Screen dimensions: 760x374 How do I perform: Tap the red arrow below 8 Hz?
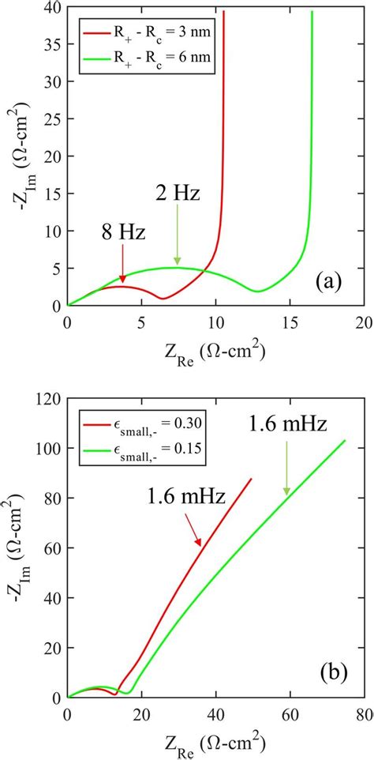tap(122, 269)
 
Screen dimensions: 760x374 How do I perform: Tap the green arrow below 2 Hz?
tap(177, 234)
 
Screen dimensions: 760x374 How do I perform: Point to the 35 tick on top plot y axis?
tap(51, 47)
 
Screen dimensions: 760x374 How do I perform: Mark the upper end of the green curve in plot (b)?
tap(346, 440)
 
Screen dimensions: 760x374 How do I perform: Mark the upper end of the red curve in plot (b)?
tap(252, 478)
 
